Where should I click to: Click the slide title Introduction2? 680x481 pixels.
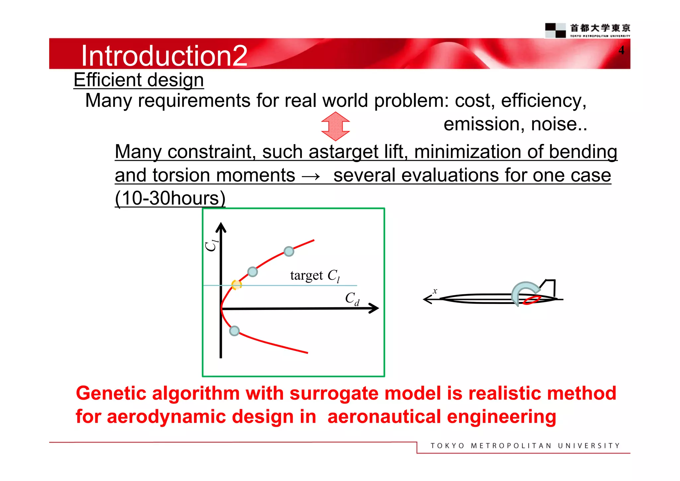point(164,55)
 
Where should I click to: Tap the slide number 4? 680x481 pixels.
point(621,50)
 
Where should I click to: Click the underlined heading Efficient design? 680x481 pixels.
point(138,80)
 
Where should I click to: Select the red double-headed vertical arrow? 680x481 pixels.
point(335,126)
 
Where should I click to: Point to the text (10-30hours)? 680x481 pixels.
point(170,198)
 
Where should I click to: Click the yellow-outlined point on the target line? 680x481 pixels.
point(236,285)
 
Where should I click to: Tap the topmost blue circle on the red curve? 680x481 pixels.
point(289,251)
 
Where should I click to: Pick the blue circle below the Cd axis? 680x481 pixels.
point(234,331)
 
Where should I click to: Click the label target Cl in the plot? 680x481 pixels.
point(315,276)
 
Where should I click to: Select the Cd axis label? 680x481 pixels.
point(352,298)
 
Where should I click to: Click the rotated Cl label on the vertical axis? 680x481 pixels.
point(211,245)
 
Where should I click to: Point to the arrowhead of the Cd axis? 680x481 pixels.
point(375,308)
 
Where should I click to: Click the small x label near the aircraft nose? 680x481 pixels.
point(435,291)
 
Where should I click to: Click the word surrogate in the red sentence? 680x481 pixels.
point(334,393)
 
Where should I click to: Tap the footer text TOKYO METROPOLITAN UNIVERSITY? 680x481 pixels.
point(525,446)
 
